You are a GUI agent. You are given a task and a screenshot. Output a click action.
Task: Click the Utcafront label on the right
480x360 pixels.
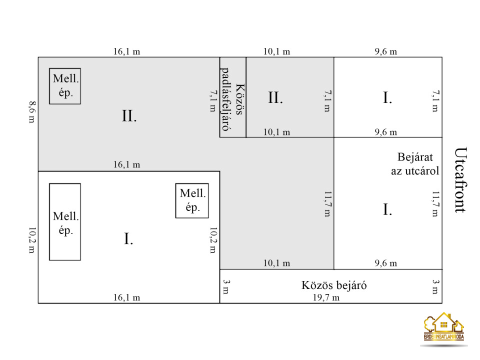(460, 180)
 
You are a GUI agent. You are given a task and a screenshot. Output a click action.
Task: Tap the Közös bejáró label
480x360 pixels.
(334, 285)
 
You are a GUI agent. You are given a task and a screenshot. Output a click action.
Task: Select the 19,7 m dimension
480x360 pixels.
(326, 297)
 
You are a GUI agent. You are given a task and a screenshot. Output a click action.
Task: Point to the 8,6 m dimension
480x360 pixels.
(32, 112)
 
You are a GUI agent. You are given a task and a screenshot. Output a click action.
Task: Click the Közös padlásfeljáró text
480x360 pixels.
(232, 99)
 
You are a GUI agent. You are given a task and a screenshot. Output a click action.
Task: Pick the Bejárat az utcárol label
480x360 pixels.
(415, 164)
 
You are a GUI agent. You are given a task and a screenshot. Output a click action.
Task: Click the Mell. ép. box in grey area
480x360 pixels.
(65, 86)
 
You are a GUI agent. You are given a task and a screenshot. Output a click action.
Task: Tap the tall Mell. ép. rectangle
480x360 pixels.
(65, 222)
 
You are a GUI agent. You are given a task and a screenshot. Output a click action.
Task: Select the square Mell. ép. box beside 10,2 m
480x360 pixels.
(192, 201)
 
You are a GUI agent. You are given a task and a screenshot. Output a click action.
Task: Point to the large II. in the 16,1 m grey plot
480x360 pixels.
(129, 116)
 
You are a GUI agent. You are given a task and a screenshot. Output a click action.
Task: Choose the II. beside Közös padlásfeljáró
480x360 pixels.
(275, 98)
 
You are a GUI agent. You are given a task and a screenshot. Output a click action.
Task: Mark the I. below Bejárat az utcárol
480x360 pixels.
(387, 209)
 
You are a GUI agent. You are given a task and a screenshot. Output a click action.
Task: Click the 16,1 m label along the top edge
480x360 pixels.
(126, 51)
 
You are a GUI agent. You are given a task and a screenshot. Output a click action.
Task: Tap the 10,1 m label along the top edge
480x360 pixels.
(276, 51)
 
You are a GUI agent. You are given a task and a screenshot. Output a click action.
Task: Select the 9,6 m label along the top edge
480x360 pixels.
(385, 51)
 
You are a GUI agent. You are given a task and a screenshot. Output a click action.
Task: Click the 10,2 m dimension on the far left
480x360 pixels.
(32, 240)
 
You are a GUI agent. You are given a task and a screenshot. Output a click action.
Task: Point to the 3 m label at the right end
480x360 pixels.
(435, 286)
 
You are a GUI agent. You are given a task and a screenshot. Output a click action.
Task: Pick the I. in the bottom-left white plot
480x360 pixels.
(128, 239)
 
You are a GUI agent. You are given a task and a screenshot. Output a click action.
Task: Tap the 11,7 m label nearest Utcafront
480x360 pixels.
(435, 204)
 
